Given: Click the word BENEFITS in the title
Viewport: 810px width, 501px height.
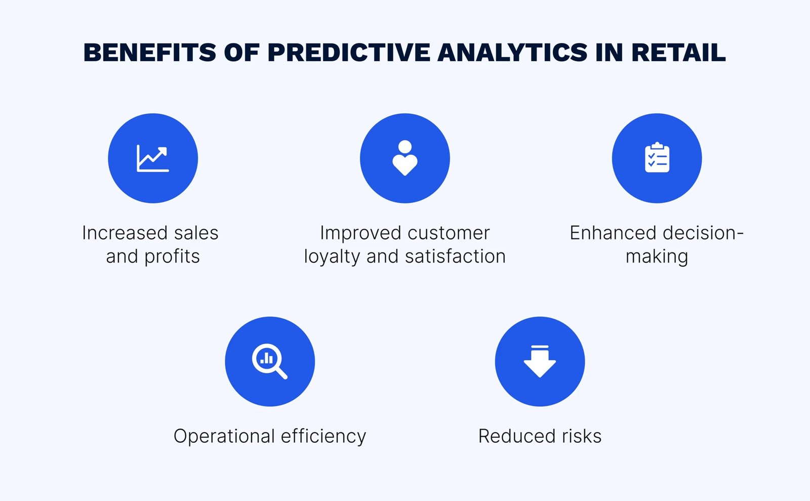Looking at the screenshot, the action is (150, 53).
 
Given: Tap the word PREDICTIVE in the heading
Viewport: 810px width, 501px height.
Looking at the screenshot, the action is (349, 53).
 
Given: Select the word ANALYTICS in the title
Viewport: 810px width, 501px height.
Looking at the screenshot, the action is (512, 53).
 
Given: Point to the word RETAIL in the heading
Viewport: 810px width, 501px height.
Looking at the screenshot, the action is (678, 53).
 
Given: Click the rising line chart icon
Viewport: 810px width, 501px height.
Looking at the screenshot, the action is (152, 158).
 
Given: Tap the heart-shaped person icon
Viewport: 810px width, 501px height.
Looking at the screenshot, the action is (404, 158).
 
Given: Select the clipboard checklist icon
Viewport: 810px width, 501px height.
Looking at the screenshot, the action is (657, 157).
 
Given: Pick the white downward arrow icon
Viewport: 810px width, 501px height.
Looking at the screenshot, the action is (540, 361).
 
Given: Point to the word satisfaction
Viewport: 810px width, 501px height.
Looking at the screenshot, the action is (455, 257).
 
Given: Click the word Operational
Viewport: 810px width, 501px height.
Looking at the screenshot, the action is (224, 437).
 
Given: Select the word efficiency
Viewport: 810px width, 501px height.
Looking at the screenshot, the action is (323, 437).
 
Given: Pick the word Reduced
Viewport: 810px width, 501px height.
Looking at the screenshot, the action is (516, 436).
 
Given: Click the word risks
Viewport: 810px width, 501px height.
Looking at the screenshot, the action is (582, 436).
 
